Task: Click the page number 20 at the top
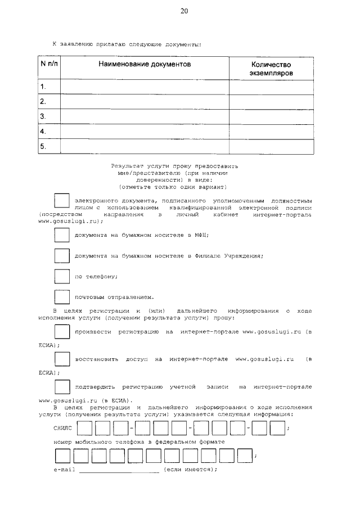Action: pos(184,11)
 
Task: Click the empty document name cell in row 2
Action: pos(144,102)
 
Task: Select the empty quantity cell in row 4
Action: pos(271,132)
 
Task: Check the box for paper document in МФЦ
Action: pos(61,235)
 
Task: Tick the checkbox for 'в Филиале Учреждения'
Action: pos(61,255)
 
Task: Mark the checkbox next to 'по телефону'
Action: pos(61,276)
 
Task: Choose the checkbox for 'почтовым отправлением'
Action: pos(61,296)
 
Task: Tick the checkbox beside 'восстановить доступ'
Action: pos(61,358)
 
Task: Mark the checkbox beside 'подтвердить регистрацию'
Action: pos(61,387)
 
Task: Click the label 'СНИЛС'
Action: pos(64,428)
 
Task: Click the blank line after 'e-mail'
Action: pos(119,470)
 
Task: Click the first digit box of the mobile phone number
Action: pos(62,455)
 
